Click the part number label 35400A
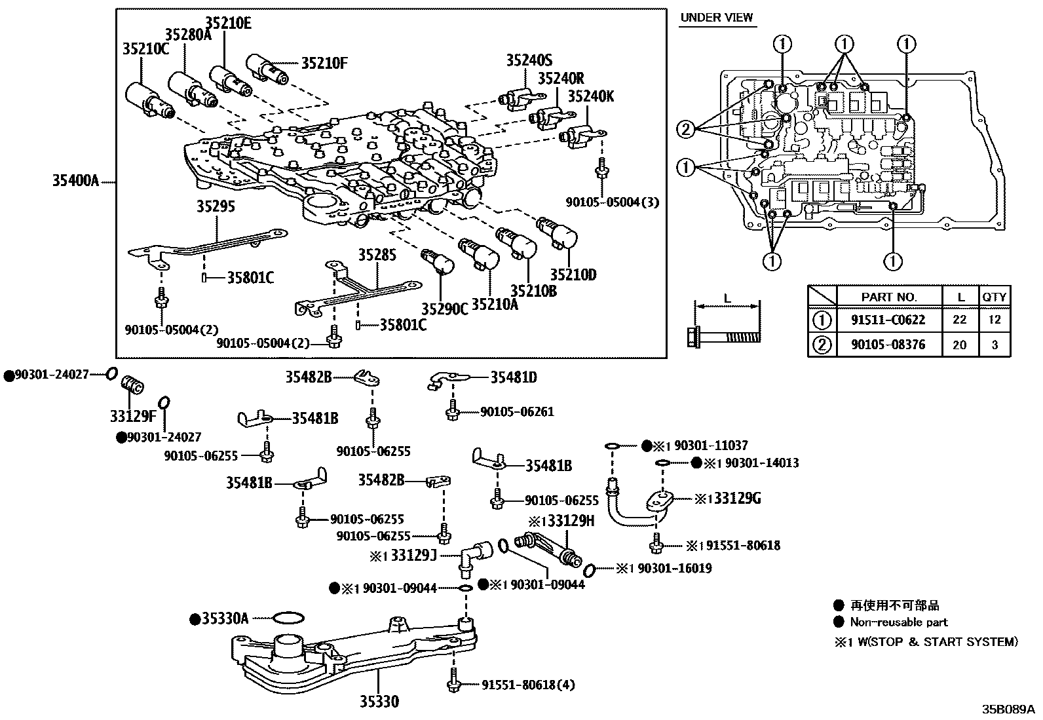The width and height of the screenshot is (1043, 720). pyautogui.click(x=75, y=180)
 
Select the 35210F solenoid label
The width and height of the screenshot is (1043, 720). pyautogui.click(x=324, y=64)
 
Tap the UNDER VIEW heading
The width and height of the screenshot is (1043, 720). pyautogui.click(x=717, y=18)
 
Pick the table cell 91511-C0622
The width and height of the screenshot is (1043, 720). pyautogui.click(x=889, y=320)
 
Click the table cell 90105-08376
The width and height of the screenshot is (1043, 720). pyautogui.click(x=889, y=345)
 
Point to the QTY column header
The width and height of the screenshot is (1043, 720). pyautogui.click(x=994, y=297)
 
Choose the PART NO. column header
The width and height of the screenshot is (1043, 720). pyautogui.click(x=889, y=297)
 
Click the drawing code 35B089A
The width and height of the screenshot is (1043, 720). pyautogui.click(x=1007, y=709)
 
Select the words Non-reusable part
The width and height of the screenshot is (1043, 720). pyautogui.click(x=898, y=622)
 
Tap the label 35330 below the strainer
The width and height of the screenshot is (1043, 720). pyautogui.click(x=379, y=702)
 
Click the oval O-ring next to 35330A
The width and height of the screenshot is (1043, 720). pyautogui.click(x=287, y=618)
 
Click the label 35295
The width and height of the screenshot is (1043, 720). pyautogui.click(x=216, y=207)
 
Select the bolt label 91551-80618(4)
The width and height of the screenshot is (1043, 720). pyautogui.click(x=528, y=685)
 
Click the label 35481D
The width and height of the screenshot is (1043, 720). pyautogui.click(x=514, y=377)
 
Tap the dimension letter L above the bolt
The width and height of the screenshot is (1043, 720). pyautogui.click(x=727, y=299)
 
